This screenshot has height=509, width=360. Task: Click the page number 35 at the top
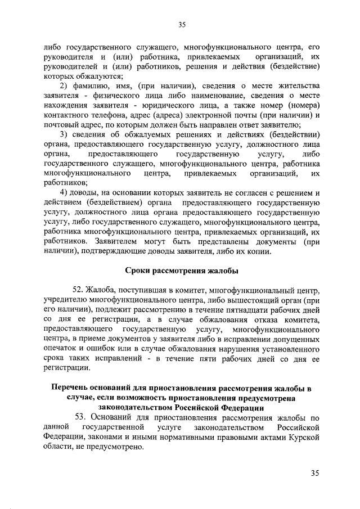pyautogui.click(x=182, y=24)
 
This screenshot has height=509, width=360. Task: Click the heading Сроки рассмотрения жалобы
pyautogui.click(x=181, y=271)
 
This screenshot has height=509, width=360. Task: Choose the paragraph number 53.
pyautogui.click(x=82, y=418)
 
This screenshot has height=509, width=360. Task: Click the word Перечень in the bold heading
pyautogui.click(x=71, y=388)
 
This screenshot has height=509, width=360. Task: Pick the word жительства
pyautogui.click(x=298, y=85)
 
